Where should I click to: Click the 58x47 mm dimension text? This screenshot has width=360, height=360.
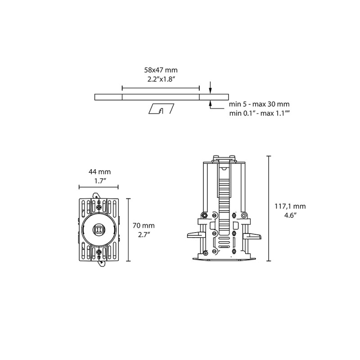click(161, 70)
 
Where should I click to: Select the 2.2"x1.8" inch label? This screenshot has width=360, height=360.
click(161, 80)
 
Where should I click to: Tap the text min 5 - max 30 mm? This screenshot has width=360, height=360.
click(259, 104)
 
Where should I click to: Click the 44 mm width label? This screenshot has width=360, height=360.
click(99, 172)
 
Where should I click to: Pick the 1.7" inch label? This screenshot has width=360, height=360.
click(100, 181)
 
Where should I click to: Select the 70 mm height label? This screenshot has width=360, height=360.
click(144, 226)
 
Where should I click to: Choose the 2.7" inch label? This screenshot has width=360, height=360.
click(144, 235)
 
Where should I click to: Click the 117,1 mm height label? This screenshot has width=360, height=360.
click(290, 207)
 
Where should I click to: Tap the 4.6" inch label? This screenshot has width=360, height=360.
click(290, 216)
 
